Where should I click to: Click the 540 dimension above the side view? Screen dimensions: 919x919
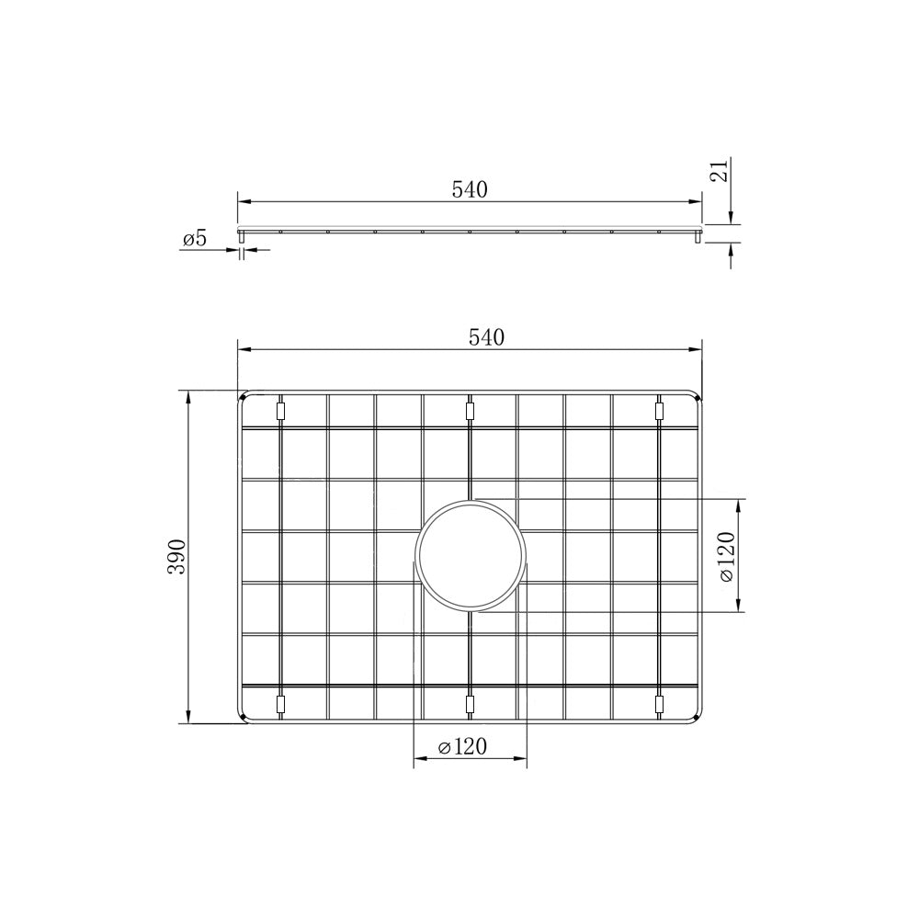470,189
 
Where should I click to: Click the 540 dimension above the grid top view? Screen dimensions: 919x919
486,337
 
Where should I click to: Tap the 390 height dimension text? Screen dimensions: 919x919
176,557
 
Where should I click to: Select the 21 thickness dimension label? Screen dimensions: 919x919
720,170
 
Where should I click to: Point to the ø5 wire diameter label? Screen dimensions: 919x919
195,239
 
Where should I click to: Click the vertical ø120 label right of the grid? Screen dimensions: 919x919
726,556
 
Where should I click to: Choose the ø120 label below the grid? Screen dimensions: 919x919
462,746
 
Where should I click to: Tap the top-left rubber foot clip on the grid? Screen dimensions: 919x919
280,412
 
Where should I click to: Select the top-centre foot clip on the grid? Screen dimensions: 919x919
470,412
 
